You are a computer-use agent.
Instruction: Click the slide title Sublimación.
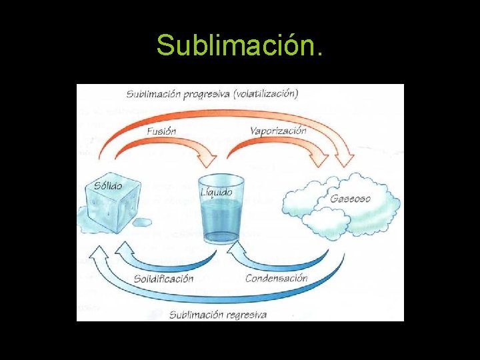pos(240,45)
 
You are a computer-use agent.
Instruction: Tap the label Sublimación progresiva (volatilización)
pos(213,93)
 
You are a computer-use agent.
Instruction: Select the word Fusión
pos(161,131)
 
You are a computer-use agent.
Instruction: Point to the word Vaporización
pos(278,130)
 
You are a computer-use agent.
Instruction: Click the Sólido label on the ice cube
pos(108,185)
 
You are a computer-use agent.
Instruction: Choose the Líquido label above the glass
pos(217,192)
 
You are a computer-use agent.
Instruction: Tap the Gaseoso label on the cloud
pos(351,199)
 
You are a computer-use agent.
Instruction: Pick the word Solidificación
pos(163,278)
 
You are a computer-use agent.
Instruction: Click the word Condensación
pos(276,277)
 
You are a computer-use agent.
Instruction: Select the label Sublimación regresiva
pos(218,314)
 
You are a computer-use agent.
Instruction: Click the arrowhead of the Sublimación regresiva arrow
pos(99,253)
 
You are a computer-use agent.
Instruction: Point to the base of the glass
pos(221,236)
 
